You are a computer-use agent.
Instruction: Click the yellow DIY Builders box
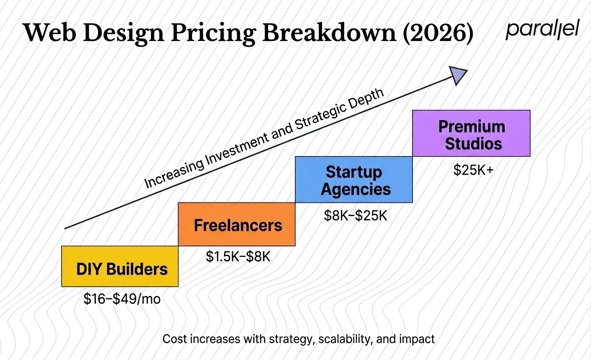120,266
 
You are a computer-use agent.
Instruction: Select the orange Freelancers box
237,224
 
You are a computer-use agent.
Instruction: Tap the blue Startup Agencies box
354,180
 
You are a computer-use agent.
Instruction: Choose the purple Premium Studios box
471,134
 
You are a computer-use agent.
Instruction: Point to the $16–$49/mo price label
122,299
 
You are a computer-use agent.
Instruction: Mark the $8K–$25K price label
355,215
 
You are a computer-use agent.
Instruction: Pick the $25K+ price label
473,170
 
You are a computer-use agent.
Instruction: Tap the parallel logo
542,31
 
